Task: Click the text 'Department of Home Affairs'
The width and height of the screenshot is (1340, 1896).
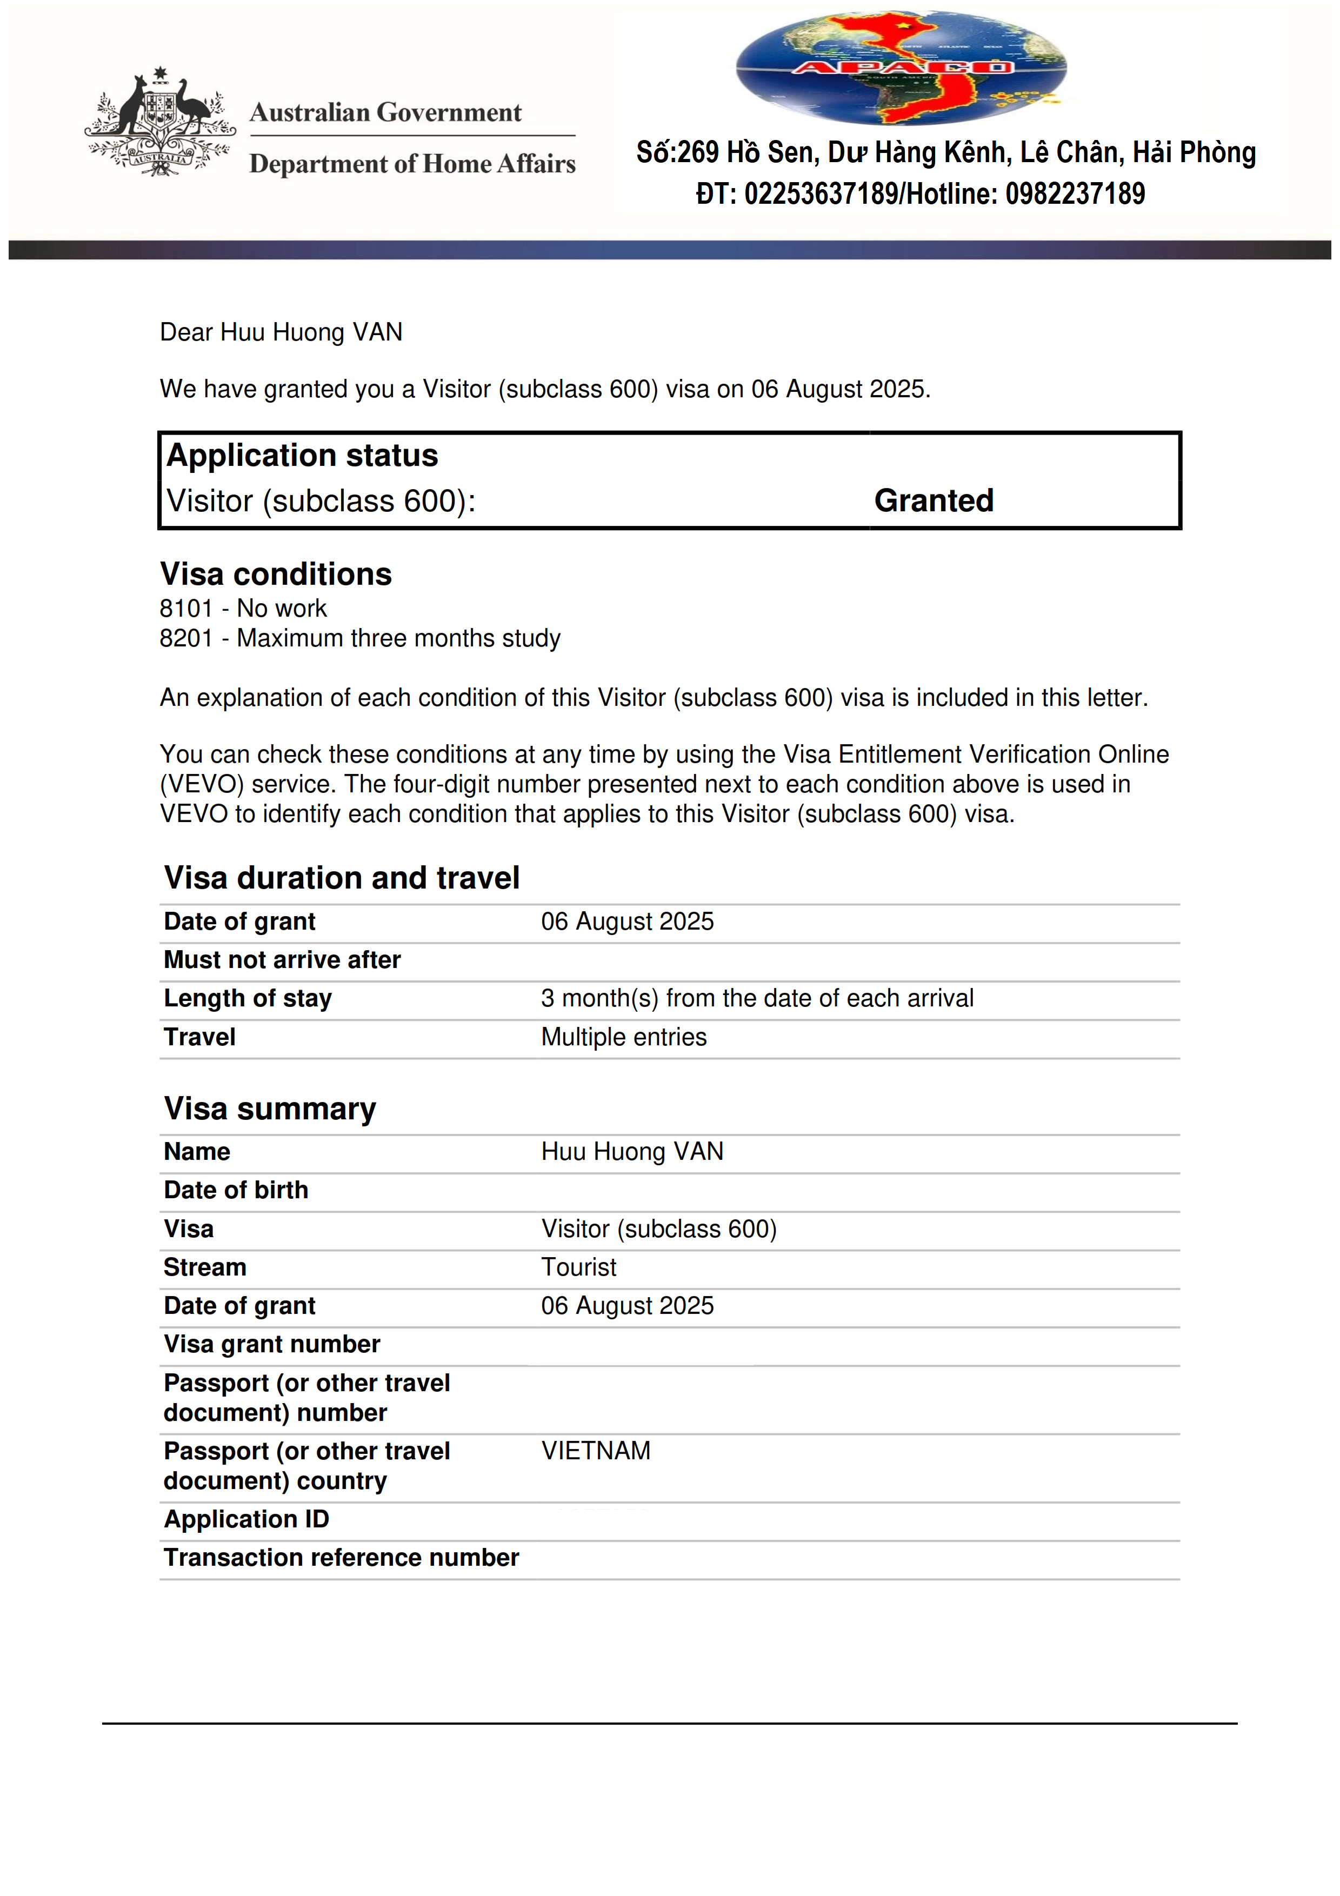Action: [x=412, y=164]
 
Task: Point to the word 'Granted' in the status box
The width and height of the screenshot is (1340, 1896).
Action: [x=934, y=500]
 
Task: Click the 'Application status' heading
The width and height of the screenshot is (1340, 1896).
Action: [x=302, y=456]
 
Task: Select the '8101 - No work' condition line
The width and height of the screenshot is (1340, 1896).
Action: [x=244, y=609]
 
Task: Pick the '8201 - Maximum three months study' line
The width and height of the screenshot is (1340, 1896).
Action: [x=360, y=638]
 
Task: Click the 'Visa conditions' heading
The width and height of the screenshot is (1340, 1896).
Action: [x=276, y=574]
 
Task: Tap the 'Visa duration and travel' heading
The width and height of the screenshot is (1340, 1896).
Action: [x=342, y=878]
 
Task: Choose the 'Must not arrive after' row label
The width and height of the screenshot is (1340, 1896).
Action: [x=282, y=959]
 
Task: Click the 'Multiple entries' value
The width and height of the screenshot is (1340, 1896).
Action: [x=624, y=1037]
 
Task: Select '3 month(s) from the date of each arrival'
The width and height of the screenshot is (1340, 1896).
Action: [x=757, y=998]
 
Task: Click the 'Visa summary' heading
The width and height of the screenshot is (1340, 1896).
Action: [x=270, y=1108]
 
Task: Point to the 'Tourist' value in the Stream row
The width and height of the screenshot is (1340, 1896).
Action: [x=579, y=1267]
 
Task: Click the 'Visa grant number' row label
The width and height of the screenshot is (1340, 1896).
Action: [x=272, y=1344]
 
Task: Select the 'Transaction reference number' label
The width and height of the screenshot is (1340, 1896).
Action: [x=341, y=1558]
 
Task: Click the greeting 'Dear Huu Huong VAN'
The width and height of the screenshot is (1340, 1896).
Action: [x=281, y=332]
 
